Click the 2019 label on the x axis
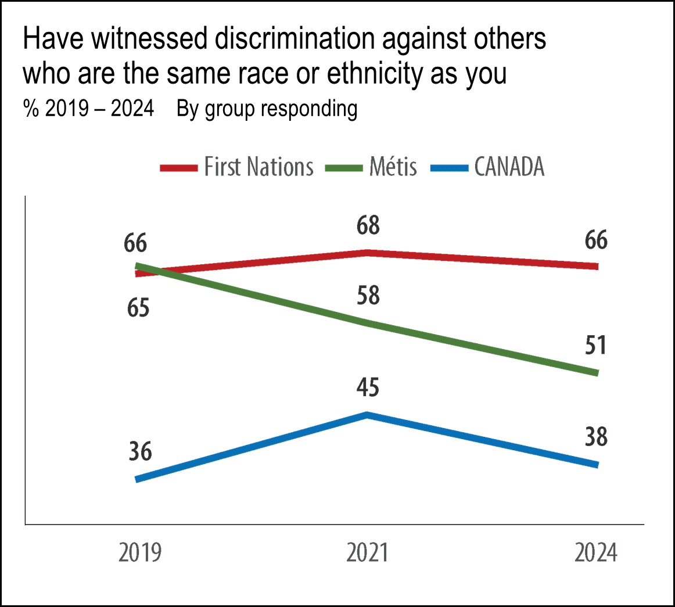(139, 554)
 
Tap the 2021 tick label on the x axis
(367, 554)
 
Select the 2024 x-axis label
(596, 554)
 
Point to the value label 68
(367, 225)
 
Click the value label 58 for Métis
(367, 296)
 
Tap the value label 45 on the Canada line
(367, 387)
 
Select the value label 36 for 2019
(139, 451)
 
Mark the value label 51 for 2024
(596, 345)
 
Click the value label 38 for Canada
(596, 437)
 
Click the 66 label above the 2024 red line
(596, 240)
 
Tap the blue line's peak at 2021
(367, 415)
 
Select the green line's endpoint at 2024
(596, 373)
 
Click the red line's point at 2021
(367, 253)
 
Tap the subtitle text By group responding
(267, 109)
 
